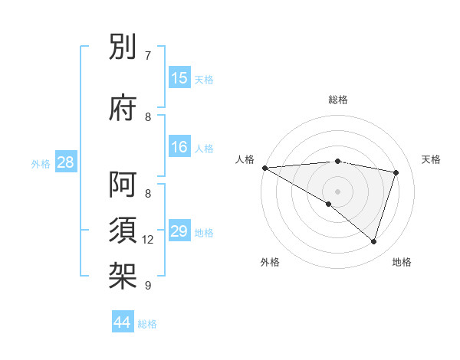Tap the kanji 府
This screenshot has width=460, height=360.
(x=123, y=107)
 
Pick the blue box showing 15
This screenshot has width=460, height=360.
(x=179, y=78)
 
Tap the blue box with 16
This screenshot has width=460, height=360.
(x=179, y=147)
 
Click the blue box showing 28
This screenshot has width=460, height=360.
(x=65, y=162)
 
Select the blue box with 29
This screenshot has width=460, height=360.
(x=179, y=231)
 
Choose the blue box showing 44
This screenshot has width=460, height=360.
(x=123, y=322)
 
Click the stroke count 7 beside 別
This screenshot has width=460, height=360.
(x=148, y=56)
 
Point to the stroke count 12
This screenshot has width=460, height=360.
(x=148, y=240)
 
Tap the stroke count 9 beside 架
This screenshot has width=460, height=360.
(x=148, y=286)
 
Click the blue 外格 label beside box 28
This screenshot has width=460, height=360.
(x=41, y=163)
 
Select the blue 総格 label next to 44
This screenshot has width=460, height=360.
(x=147, y=324)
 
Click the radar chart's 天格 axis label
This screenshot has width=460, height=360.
(x=432, y=159)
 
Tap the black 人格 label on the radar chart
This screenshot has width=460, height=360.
(x=245, y=159)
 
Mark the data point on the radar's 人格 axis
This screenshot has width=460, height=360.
(x=264, y=168)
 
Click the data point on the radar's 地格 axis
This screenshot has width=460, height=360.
(x=373, y=241)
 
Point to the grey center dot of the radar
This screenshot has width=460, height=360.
(x=337, y=191)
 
